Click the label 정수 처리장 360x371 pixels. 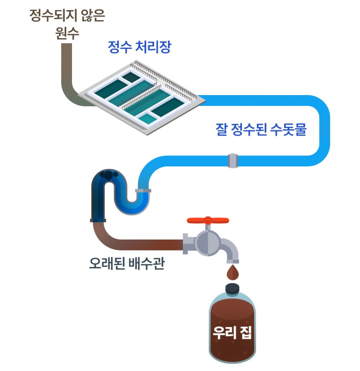click(139, 47)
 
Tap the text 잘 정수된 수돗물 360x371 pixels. click(261, 130)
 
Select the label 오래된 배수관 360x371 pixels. click(126, 265)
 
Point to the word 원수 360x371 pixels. click(67, 33)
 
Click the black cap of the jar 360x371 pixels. click(232, 289)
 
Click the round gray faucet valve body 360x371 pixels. click(208, 242)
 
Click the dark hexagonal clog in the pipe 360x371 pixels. click(110, 175)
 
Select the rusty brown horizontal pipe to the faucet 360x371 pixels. click(142, 245)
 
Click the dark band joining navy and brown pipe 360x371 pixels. click(98, 220)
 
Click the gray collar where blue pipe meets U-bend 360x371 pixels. click(143, 191)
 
